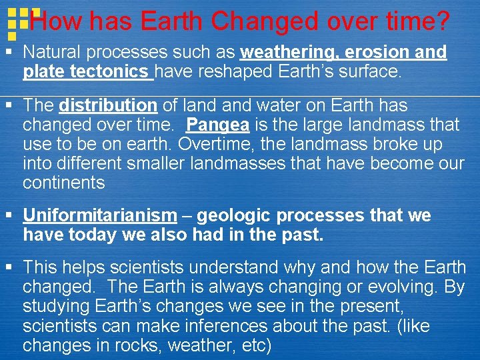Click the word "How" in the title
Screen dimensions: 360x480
point(52,22)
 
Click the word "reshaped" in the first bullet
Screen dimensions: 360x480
point(236,71)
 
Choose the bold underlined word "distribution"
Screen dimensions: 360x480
point(107,105)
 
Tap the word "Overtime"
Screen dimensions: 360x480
point(217,144)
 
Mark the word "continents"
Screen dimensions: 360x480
point(63,183)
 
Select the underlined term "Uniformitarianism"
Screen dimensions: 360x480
point(100,215)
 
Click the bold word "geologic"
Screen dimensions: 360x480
point(233,215)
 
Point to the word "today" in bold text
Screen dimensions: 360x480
point(85,235)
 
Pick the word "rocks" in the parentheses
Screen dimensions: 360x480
point(137,345)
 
